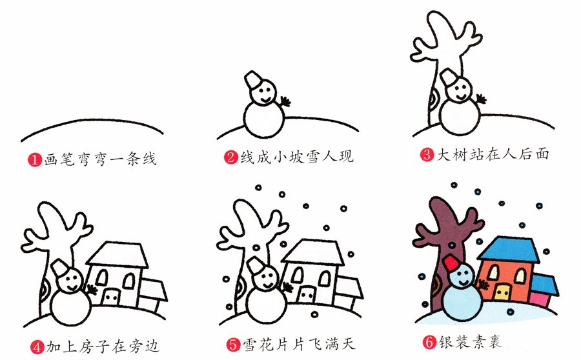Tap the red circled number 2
231,157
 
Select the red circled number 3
427,155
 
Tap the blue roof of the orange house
510,250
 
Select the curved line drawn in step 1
90,122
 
